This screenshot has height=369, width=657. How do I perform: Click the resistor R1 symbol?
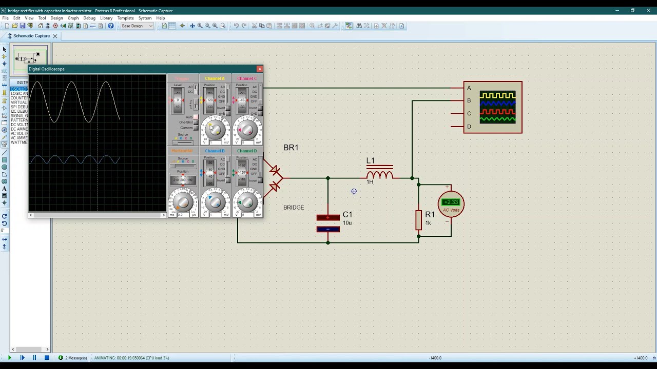418,220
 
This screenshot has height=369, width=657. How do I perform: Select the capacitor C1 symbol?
328,223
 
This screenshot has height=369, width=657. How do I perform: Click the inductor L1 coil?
380,175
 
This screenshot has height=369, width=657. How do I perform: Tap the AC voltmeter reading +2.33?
451,202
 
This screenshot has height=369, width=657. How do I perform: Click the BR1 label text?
291,148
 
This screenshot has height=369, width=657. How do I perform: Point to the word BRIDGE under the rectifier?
294,208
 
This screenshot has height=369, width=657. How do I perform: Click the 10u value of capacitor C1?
347,223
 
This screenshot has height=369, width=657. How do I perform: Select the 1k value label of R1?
428,223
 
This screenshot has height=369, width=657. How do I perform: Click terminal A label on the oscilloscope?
469,88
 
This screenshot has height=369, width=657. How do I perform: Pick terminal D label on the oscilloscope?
469,127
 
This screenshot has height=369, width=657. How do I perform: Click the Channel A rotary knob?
215,129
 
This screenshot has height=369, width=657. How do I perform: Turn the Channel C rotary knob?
247,129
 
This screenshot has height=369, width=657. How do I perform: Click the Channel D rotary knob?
247,202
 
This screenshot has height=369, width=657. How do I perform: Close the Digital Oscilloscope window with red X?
260,69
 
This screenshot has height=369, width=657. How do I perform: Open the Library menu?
106,18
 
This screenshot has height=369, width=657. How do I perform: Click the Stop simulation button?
47,358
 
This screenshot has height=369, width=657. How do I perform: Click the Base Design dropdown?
137,26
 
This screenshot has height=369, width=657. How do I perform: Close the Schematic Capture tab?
55,36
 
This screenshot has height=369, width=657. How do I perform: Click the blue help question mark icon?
110,26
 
